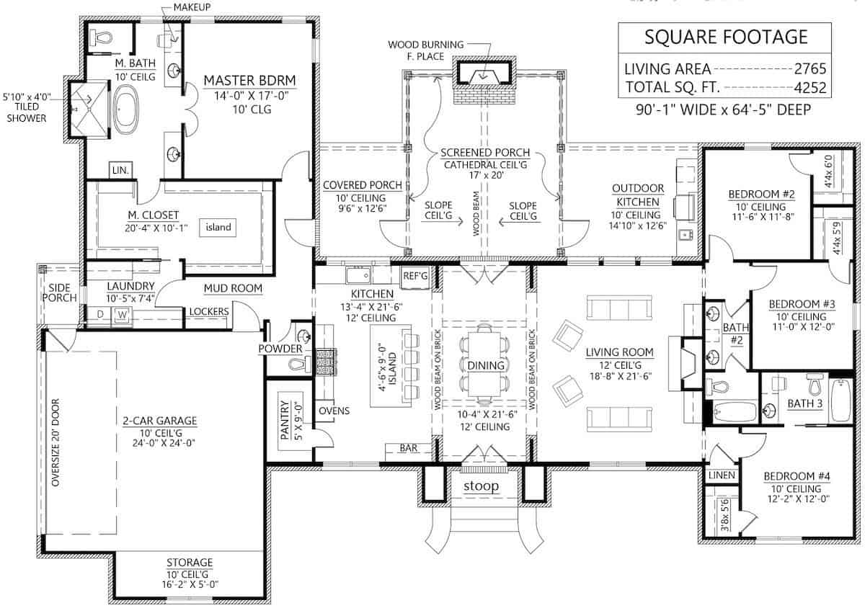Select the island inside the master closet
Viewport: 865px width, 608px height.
pyautogui.click(x=218, y=228)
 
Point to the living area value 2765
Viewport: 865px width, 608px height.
pyautogui.click(x=809, y=70)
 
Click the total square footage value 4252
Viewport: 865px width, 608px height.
pyautogui.click(x=809, y=89)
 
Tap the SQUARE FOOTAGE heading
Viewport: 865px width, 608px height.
pyautogui.click(x=726, y=37)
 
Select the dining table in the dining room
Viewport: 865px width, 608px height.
pyautogui.click(x=485, y=365)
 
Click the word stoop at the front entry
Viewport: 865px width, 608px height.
pyautogui.click(x=482, y=486)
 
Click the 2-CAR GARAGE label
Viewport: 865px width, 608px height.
pyautogui.click(x=160, y=420)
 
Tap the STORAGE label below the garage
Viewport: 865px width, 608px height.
pyautogui.click(x=190, y=562)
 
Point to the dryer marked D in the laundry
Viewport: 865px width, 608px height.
pyautogui.click(x=99, y=314)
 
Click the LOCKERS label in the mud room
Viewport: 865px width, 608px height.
pyautogui.click(x=208, y=311)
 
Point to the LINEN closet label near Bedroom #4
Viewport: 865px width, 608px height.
pyautogui.click(x=722, y=475)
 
